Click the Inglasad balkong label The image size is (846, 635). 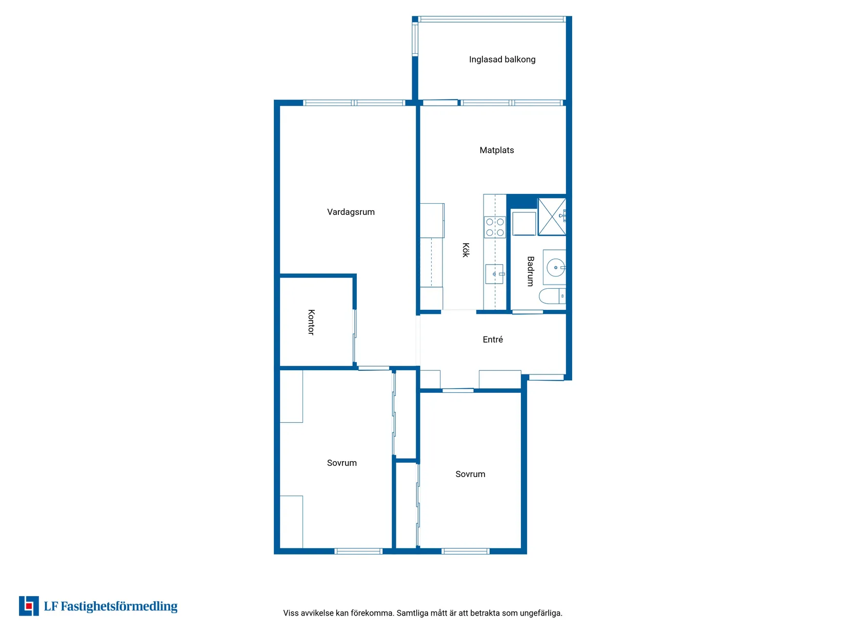(502, 59)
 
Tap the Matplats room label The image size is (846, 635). (496, 150)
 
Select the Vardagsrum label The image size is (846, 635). (351, 212)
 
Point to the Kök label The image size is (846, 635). (466, 250)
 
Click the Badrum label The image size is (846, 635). (530, 271)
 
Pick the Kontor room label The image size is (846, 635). (311, 322)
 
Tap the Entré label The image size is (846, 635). (493, 340)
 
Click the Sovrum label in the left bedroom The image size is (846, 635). (341, 463)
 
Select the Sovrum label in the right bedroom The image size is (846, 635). (470, 474)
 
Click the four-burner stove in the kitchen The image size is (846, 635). (495, 227)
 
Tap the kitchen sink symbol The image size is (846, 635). (494, 274)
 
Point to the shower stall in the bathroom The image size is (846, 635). (552, 216)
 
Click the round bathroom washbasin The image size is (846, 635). (555, 267)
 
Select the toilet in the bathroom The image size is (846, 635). (552, 296)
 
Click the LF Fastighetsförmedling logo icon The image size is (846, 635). (29, 606)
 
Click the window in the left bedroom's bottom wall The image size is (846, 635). (358, 551)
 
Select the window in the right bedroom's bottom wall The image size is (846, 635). (466, 551)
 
